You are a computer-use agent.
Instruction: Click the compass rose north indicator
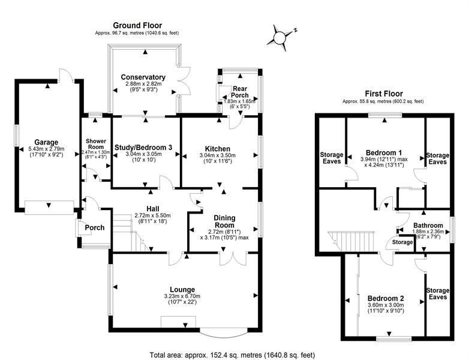[295, 30]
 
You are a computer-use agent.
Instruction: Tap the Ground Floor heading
[137, 25]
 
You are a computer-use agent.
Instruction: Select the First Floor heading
[384, 94]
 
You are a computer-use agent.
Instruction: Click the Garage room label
[46, 142]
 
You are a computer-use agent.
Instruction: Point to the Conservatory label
[143, 77]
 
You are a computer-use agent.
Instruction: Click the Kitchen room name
[218, 149]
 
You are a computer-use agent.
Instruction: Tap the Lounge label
[182, 289]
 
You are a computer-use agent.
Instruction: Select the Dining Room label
[224, 221]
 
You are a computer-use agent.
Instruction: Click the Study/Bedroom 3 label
[143, 147]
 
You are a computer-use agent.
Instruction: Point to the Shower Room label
[96, 144]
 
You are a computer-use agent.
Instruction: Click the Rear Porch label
[240, 92]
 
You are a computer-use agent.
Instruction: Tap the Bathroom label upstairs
[428, 226]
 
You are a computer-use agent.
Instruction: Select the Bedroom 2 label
[386, 298]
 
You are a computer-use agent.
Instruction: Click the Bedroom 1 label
[384, 152]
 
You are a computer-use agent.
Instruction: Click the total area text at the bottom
[232, 355]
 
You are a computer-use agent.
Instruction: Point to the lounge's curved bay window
[224, 335]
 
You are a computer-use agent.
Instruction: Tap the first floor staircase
[351, 241]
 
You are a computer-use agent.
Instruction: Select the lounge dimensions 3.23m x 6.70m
[182, 296]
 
